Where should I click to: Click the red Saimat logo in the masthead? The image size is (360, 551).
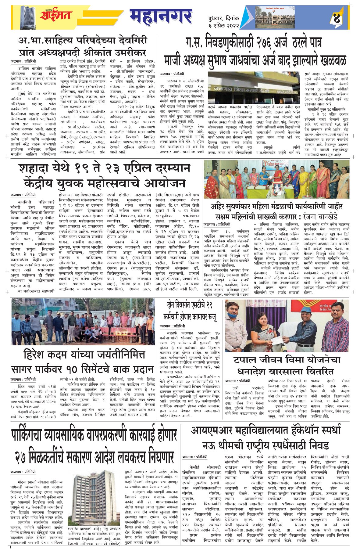[55, 14]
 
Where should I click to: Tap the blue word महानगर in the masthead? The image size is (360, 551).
[161, 17]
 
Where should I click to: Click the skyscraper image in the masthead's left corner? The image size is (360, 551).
[27, 17]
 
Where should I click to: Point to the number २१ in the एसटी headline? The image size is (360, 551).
[209, 305]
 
